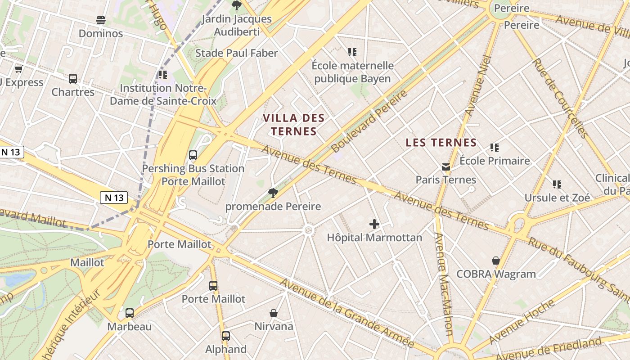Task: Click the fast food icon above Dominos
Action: coord(101,20)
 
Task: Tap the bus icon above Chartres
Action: coord(73,79)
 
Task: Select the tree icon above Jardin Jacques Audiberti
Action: coord(236,5)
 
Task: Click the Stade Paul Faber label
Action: coord(236,53)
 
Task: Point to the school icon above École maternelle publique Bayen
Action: coord(352,52)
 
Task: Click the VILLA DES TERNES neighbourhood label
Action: coord(293,125)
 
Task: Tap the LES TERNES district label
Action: coord(441,143)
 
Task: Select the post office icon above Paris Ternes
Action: coord(446,167)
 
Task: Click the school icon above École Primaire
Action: coord(495,148)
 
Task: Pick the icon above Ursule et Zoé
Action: coord(557,184)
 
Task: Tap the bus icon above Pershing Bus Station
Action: coord(193,155)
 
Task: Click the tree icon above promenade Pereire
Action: coord(273,193)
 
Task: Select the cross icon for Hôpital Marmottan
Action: coord(374,224)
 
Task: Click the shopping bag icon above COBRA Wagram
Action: coord(496,261)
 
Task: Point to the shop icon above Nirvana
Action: coord(274,313)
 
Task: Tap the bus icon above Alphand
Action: coord(226,336)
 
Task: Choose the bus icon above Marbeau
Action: coord(130,313)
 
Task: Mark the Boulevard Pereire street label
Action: coord(369,121)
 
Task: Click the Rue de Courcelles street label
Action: coord(560,98)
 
